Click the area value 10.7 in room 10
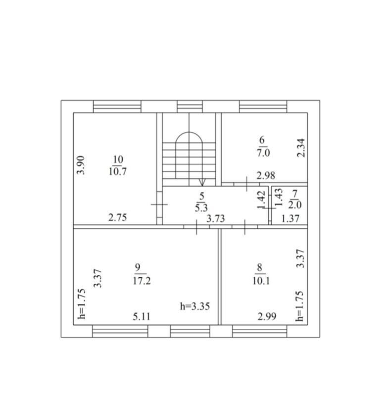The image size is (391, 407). (x=117, y=172)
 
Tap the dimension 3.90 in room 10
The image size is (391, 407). (x=81, y=165)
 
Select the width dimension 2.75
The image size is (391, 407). (x=117, y=217)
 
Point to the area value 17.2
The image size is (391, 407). (x=142, y=281)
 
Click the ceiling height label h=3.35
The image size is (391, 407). (x=195, y=306)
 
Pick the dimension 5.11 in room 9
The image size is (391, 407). (x=142, y=316)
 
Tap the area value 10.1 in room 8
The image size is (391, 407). (x=261, y=281)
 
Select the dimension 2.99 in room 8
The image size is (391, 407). (x=267, y=316)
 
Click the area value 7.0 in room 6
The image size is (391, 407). (x=263, y=153)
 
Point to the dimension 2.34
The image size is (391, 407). (x=301, y=148)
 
